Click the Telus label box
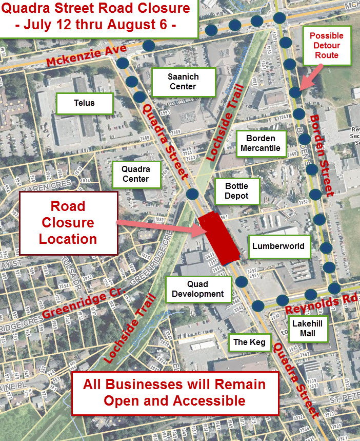click(x=84, y=103)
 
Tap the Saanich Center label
click(x=183, y=82)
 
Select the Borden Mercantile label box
click(x=261, y=143)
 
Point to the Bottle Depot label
click(x=236, y=190)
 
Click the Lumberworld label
click(x=278, y=246)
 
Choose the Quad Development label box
click(x=198, y=289)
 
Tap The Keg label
click(x=249, y=341)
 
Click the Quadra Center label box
click(x=135, y=174)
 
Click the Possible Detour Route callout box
click(x=326, y=46)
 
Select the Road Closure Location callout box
click(x=68, y=223)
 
